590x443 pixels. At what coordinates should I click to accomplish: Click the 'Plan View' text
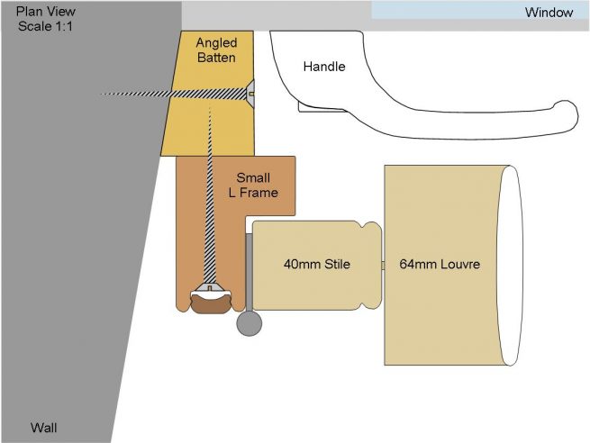(x=46, y=12)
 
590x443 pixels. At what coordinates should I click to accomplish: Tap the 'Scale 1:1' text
(x=45, y=26)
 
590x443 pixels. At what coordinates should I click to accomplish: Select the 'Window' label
(x=549, y=13)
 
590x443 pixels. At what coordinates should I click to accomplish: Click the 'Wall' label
(x=43, y=428)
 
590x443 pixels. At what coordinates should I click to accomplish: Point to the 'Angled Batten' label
(x=216, y=50)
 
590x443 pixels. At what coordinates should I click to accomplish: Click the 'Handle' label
(x=324, y=67)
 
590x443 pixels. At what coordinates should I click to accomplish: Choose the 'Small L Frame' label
(x=253, y=185)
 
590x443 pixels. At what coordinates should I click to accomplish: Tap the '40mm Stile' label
(x=317, y=264)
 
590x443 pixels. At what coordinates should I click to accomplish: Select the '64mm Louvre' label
(x=440, y=264)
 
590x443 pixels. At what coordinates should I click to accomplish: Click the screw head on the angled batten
(x=250, y=94)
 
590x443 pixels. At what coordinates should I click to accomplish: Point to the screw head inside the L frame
(x=210, y=288)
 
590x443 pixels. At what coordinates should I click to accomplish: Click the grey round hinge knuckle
(x=250, y=323)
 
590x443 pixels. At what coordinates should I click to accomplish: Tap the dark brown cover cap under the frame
(x=210, y=303)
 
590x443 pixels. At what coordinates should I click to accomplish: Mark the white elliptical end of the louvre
(x=510, y=265)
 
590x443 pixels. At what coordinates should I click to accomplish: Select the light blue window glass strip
(x=479, y=10)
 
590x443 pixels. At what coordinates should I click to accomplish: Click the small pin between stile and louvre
(x=383, y=266)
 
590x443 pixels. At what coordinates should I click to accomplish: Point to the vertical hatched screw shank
(x=210, y=195)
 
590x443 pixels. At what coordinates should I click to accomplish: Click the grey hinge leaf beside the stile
(x=250, y=272)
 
